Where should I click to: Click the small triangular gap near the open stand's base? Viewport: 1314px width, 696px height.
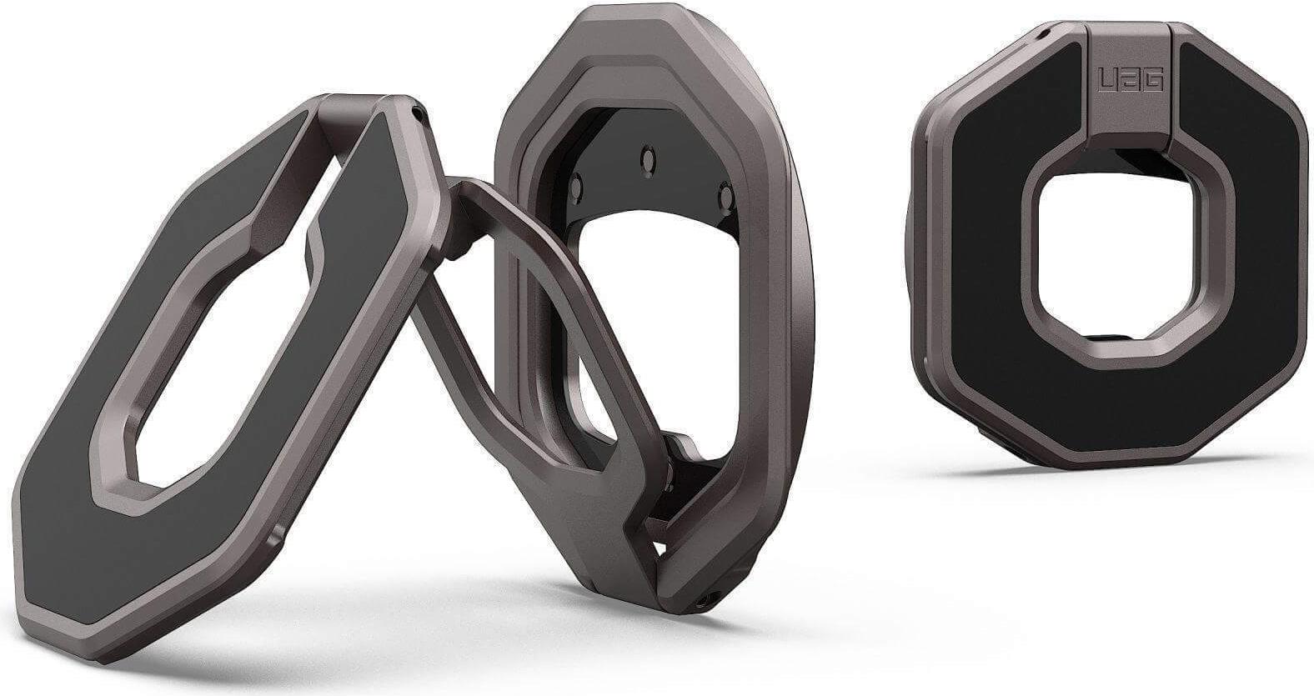[661, 549]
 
